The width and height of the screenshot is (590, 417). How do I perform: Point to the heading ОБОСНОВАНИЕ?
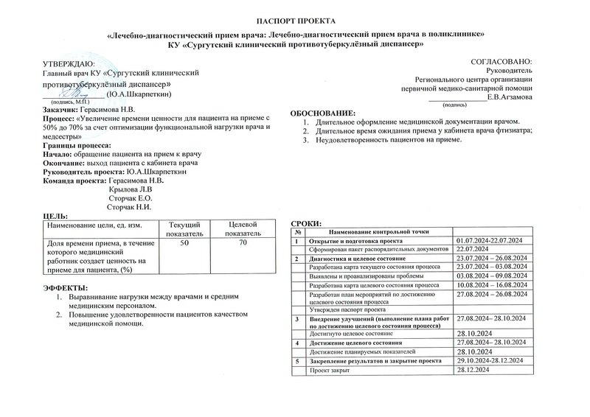coord(323,112)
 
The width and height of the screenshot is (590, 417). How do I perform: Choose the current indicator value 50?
coord(184,242)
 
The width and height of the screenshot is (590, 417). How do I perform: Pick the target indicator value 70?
coord(242,242)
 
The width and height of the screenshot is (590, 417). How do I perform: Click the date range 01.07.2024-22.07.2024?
coord(490,241)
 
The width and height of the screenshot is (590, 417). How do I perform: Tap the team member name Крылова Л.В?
coord(131,189)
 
